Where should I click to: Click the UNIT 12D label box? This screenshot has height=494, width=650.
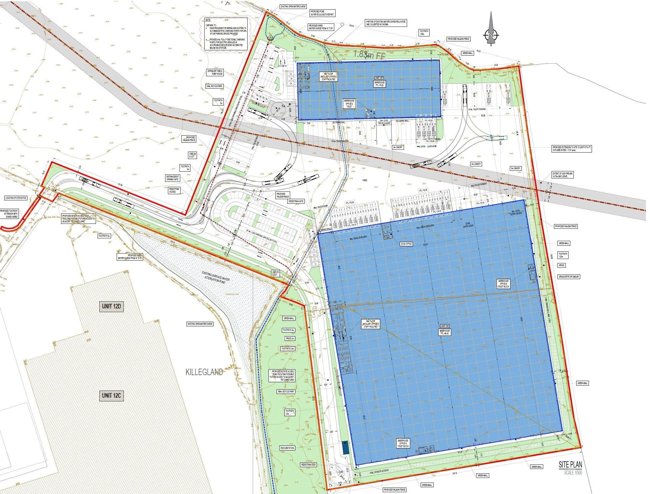tap(111, 306)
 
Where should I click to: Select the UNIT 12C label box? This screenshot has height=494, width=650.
tap(111, 396)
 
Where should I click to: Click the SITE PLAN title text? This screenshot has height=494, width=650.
tap(570, 465)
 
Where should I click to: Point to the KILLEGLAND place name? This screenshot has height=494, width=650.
tap(204, 372)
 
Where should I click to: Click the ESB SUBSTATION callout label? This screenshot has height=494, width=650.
tap(287, 448)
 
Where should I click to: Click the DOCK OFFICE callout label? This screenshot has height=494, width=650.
tap(406, 244)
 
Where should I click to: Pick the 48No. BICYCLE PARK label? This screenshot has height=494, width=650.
tap(286, 391)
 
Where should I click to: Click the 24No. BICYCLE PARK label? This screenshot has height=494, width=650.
tap(215, 86)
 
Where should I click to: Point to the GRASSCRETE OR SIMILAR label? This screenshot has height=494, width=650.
tap(569, 277)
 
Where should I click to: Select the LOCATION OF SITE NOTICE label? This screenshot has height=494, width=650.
tap(16, 198)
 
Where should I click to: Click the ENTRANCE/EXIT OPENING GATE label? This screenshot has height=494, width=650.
tap(173, 178)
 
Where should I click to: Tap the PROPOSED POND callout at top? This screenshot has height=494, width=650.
tap(322, 13)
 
